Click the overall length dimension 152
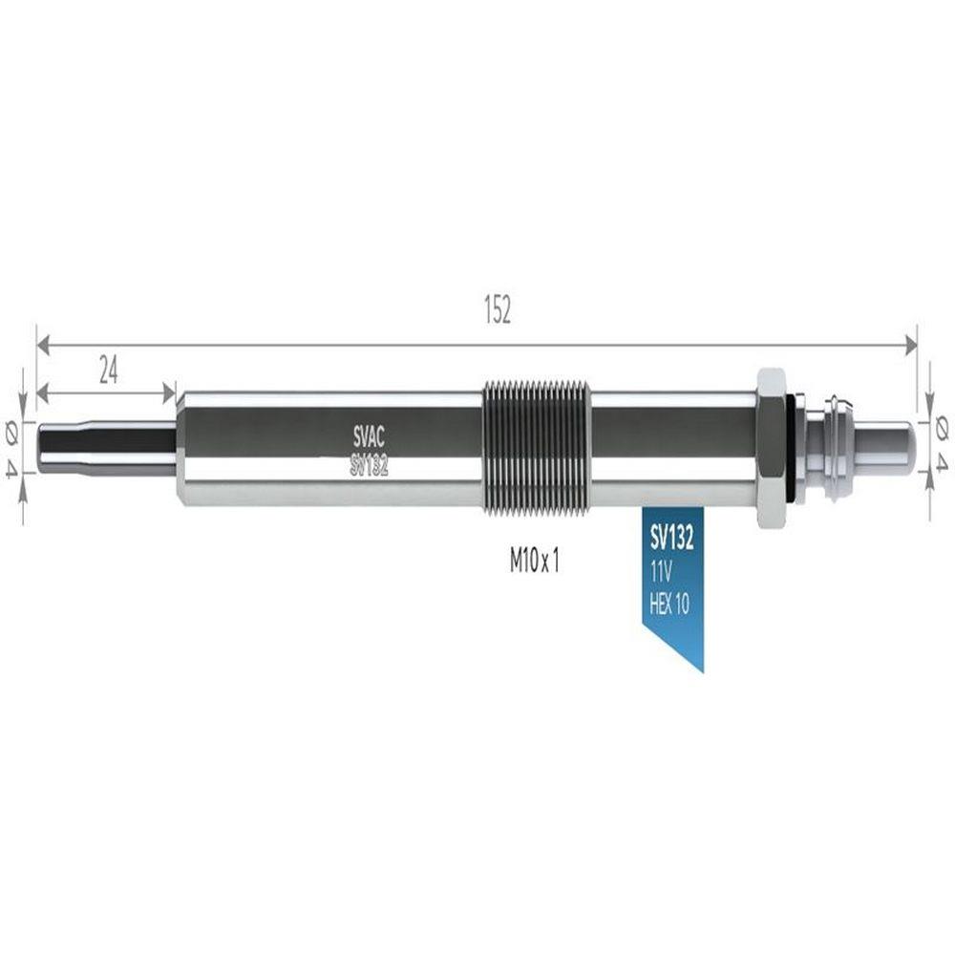coord(497,309)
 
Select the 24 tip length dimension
coord(109,371)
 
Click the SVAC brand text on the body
coord(369,436)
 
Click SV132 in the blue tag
coord(671,538)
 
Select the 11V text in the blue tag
coord(660,572)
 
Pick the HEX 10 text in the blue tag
coord(669,604)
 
